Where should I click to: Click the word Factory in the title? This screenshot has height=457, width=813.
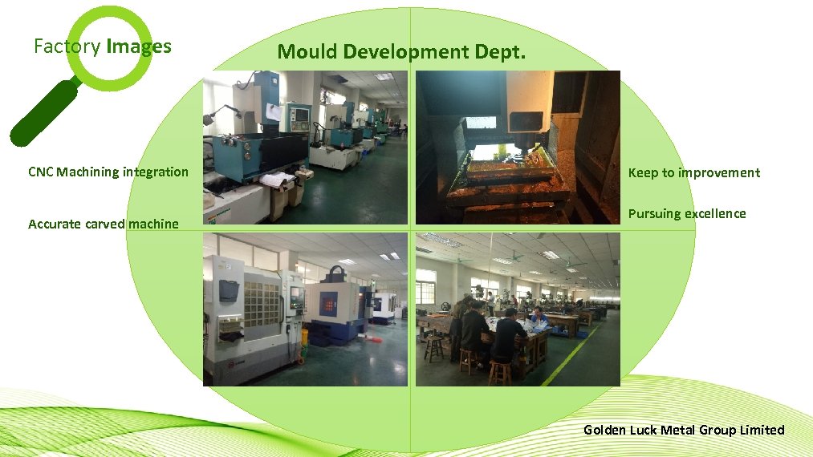(x=67, y=47)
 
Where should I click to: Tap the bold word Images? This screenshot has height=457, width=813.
(x=138, y=47)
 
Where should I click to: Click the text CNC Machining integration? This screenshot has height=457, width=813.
(x=108, y=172)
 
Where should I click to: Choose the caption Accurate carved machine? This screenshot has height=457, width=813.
(x=104, y=224)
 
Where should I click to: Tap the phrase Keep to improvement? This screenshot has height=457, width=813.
(x=693, y=172)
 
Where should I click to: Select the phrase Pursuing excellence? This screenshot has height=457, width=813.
(x=686, y=213)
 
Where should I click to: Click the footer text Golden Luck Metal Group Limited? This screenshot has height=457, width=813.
(x=684, y=430)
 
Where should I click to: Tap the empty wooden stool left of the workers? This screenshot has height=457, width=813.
(x=434, y=346)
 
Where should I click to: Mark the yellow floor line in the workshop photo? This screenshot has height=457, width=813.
(x=571, y=354)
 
